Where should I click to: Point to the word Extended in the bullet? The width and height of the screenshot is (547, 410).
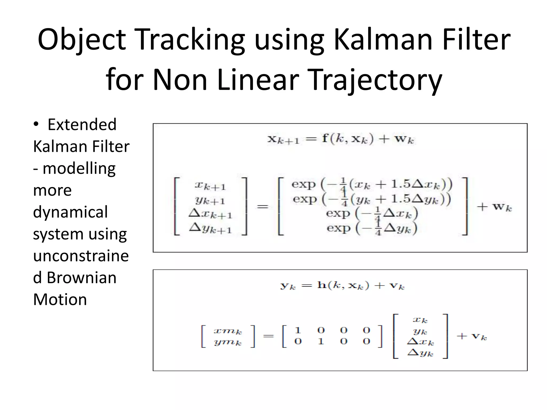[x=82, y=125]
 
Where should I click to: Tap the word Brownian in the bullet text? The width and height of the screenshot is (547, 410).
[x=81, y=278]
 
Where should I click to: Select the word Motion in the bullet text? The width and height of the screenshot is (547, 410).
[x=60, y=299]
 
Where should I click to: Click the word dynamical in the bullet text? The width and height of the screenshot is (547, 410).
[x=71, y=212]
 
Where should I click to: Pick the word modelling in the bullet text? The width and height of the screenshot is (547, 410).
[x=79, y=169]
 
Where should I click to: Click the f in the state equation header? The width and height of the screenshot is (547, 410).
[x=325, y=139]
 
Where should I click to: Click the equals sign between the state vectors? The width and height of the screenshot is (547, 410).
[x=263, y=207]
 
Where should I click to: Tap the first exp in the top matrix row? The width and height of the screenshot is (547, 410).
[x=303, y=184]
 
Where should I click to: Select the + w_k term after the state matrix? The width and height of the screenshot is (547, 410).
[x=494, y=207]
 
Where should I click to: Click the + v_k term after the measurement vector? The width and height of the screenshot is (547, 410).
[x=472, y=336]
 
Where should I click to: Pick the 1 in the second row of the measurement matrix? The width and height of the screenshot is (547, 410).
[x=321, y=341]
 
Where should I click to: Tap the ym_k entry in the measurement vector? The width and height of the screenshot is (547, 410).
[x=228, y=342]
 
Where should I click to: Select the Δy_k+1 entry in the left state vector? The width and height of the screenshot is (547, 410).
[x=210, y=228]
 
